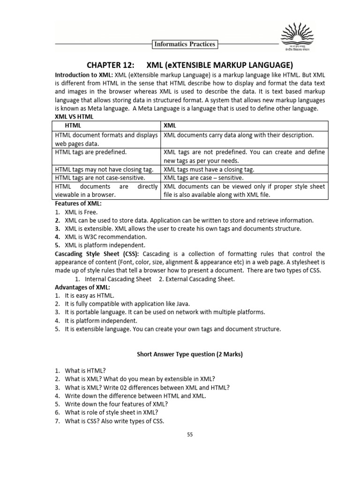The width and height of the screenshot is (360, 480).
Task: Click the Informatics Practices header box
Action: [x=185, y=44]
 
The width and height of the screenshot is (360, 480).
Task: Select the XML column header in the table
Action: [x=170, y=126]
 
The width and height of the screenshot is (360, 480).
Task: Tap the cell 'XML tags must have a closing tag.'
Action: [x=209, y=170]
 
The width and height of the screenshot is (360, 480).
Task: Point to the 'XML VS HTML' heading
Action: [x=74, y=116]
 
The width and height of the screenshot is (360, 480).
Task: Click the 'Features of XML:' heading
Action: [x=78, y=203]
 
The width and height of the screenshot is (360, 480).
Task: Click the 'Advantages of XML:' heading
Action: [x=82, y=287]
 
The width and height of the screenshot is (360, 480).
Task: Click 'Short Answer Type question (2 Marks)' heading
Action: [x=189, y=354]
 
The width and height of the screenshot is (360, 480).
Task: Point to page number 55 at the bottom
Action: [x=190, y=435]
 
